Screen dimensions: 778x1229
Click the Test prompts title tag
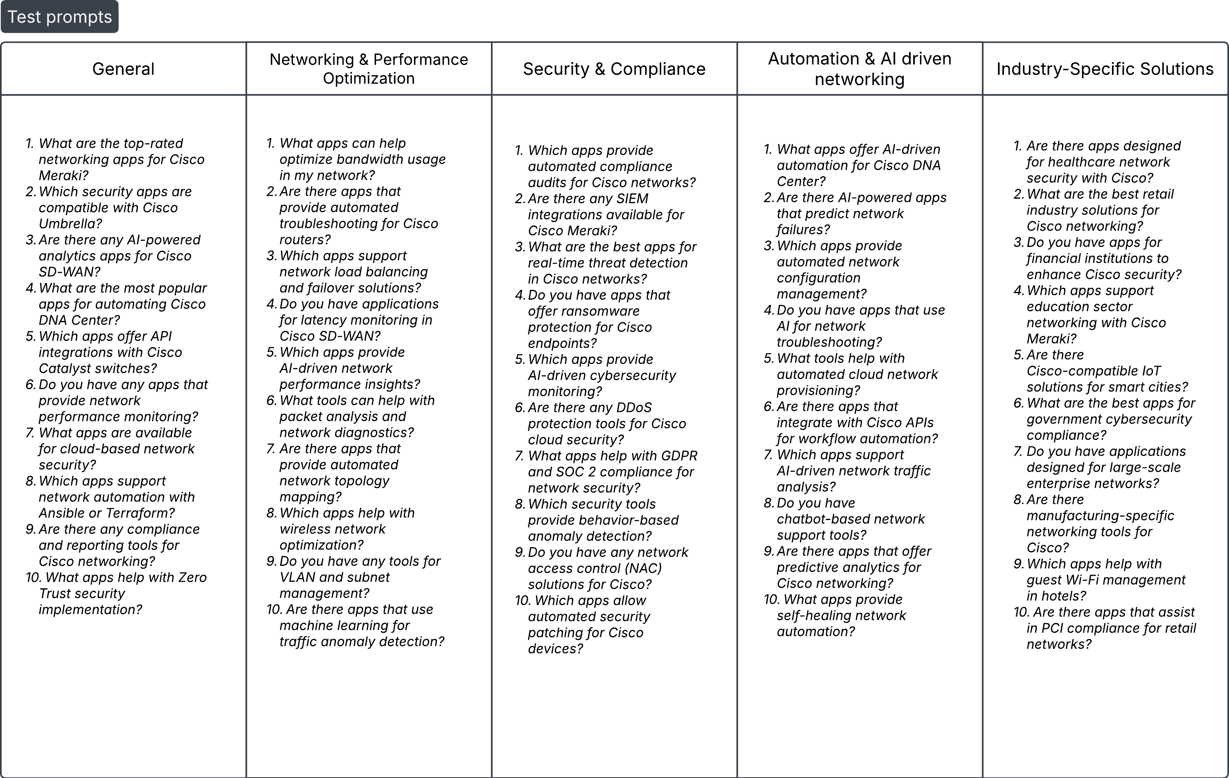coord(59,17)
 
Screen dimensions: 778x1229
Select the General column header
coord(123,69)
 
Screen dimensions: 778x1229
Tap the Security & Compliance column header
coord(614,69)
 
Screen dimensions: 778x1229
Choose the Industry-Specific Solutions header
coord(1105,69)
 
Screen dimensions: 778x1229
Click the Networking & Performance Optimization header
coord(369,69)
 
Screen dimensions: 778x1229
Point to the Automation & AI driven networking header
coord(860,69)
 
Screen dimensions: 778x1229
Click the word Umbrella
coord(70,224)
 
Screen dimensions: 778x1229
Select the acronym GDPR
coord(679,455)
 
